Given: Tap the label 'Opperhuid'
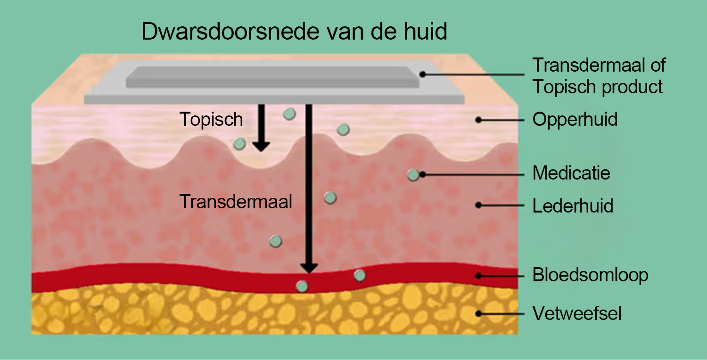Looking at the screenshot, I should pyautogui.click(x=575, y=119).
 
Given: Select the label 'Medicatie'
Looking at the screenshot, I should pyautogui.click(x=571, y=173).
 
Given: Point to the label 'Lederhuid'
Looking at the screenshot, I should pyautogui.click(x=573, y=206).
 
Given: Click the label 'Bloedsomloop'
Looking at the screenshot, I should pyautogui.click(x=590, y=275).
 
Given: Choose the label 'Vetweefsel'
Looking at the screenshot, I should pyautogui.click(x=577, y=313).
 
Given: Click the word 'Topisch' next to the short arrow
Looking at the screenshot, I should pyautogui.click(x=211, y=120).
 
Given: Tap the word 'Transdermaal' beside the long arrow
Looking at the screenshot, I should pyautogui.click(x=236, y=202).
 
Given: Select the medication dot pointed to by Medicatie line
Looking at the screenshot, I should pyautogui.click(x=413, y=175).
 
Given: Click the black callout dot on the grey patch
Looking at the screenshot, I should pyautogui.click(x=423, y=74).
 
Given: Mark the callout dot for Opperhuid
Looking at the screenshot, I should pyautogui.click(x=478, y=120).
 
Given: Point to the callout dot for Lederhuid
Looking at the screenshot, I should pyautogui.click(x=478, y=205).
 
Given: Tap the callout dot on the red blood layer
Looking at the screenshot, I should pyautogui.click(x=478, y=276).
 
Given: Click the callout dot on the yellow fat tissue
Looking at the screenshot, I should pyautogui.click(x=478, y=313).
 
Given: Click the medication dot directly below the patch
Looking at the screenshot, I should pyautogui.click(x=289, y=114).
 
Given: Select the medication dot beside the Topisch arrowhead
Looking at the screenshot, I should pyautogui.click(x=240, y=143).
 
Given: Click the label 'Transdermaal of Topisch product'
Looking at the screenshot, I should pyautogui.click(x=599, y=76).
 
